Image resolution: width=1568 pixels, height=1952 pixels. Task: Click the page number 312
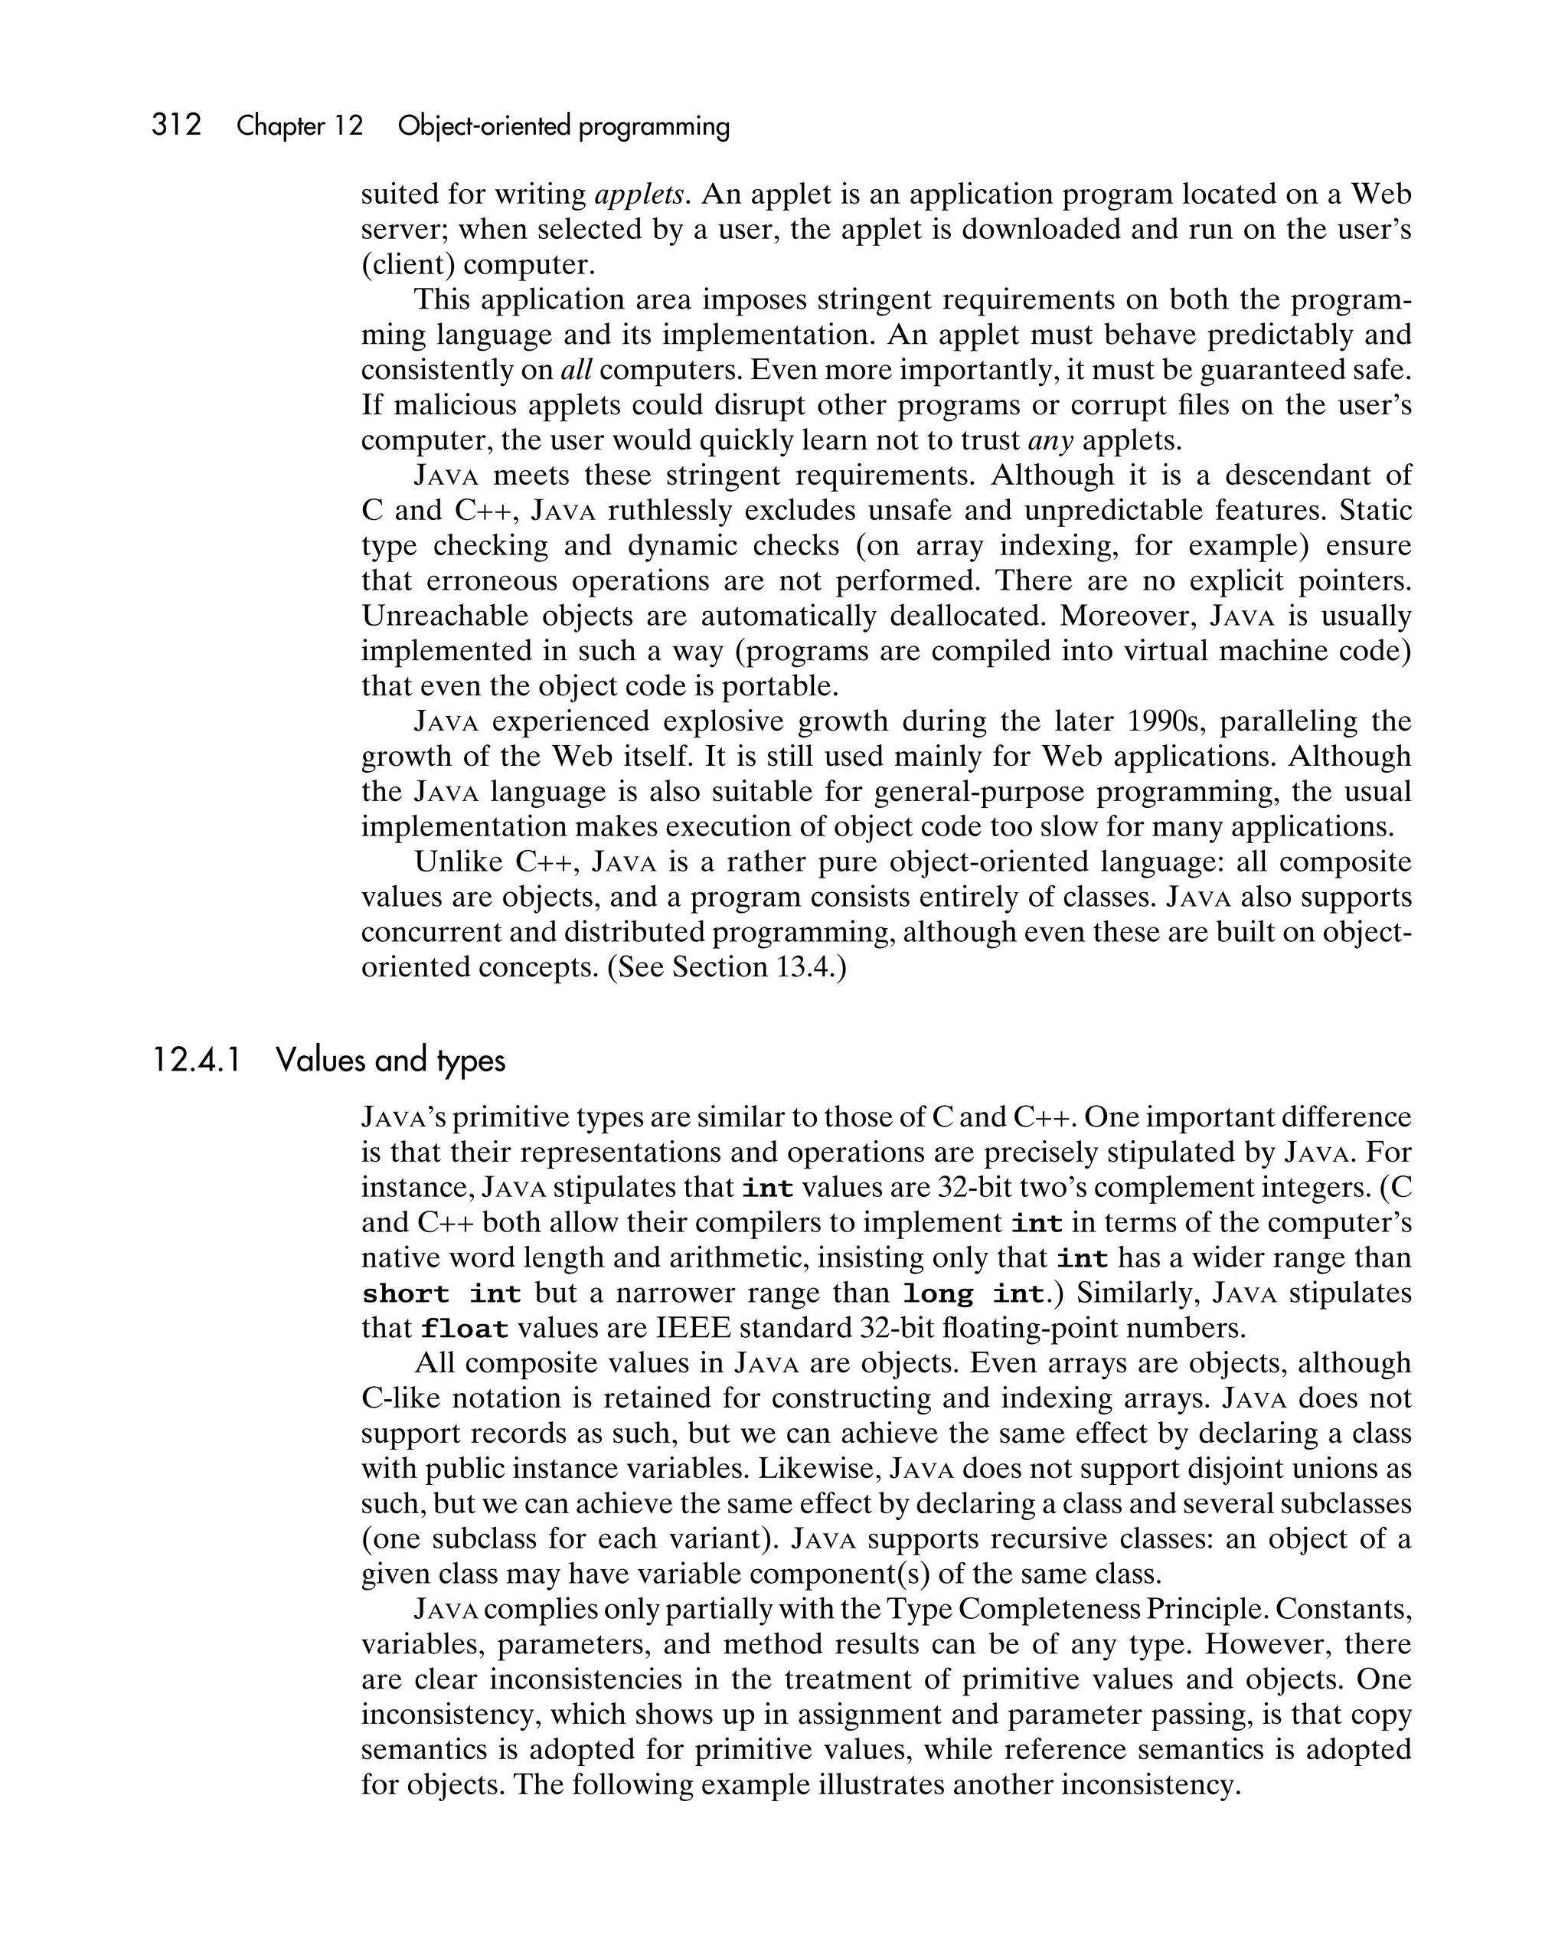177,125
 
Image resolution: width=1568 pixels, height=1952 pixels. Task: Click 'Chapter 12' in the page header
299,126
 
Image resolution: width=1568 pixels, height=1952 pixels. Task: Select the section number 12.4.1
197,1059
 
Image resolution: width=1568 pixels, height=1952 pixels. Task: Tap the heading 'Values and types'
390,1059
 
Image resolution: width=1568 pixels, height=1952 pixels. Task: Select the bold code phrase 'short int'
441,1293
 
